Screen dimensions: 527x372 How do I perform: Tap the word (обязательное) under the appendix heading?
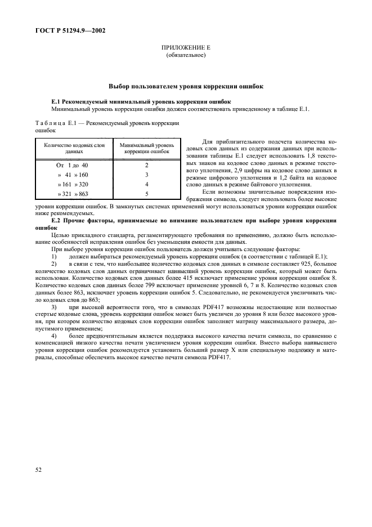tap(186, 56)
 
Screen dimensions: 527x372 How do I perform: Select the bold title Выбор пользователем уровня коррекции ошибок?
tap(186, 87)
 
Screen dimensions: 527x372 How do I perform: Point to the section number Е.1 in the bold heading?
tap(57, 101)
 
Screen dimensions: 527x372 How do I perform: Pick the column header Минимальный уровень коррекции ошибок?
tap(146, 149)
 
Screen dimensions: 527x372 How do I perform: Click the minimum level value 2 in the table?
tap(146, 165)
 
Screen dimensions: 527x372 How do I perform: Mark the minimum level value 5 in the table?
tap(146, 194)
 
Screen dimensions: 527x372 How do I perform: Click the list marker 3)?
tap(54, 307)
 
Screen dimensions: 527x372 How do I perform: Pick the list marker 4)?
tap(54, 337)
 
